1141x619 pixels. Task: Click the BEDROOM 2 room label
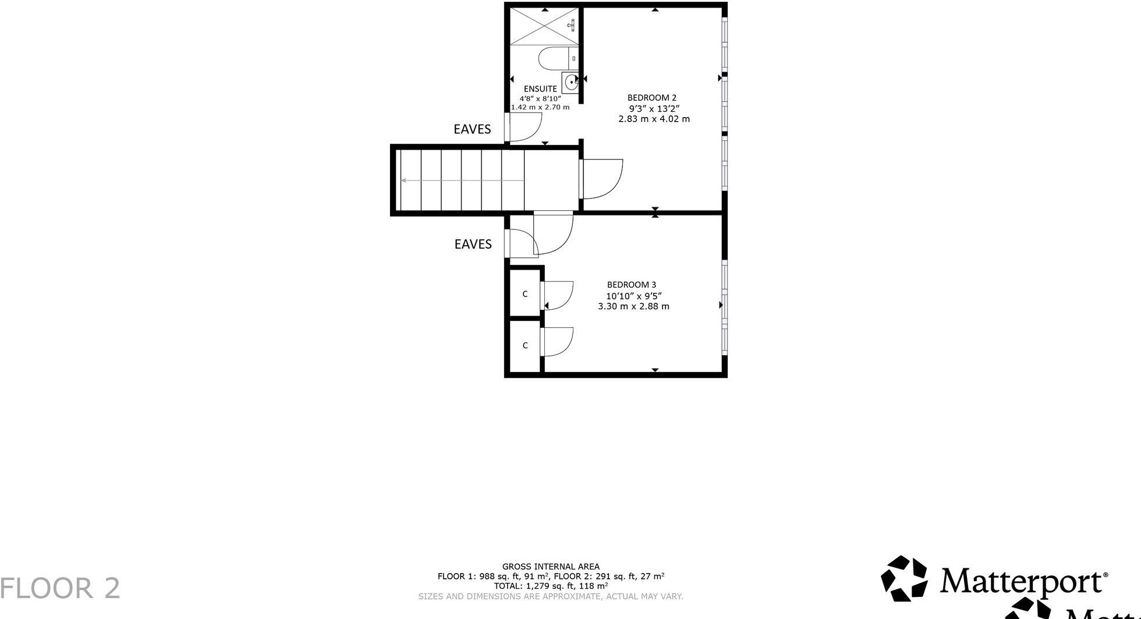click(651, 98)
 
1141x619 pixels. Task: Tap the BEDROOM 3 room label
click(631, 285)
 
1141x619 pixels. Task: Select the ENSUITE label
click(540, 89)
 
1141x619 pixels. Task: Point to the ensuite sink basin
click(570, 82)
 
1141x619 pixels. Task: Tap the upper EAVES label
click(472, 129)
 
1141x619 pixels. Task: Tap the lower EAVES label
click(473, 244)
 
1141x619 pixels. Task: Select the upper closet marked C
click(525, 294)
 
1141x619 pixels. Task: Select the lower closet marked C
click(525, 346)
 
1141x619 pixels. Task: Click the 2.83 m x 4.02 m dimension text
click(654, 119)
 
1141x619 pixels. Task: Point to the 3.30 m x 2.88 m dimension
click(633, 306)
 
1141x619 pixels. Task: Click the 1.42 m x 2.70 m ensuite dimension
click(540, 107)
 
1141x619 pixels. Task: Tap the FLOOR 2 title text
click(60, 588)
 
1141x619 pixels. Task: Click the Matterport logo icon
click(903, 578)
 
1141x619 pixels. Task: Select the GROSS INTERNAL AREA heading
click(551, 567)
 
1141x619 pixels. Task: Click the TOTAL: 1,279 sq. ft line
click(551, 586)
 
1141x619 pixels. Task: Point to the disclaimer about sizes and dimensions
click(551, 596)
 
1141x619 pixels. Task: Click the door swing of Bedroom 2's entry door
click(602, 178)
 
